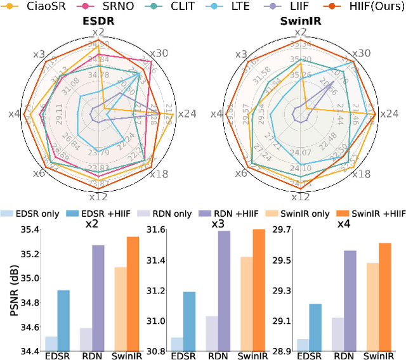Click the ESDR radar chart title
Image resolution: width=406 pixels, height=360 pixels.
tap(98, 20)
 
